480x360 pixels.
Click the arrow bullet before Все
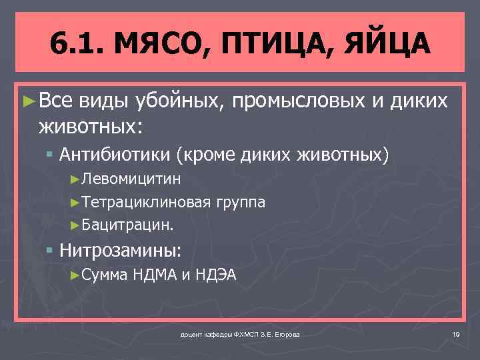[28, 102]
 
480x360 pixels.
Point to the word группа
[240, 202]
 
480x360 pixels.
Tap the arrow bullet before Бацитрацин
[75, 225]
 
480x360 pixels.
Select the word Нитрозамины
[120, 250]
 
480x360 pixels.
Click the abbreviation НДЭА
[216, 275]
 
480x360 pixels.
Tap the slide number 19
[456, 333]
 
